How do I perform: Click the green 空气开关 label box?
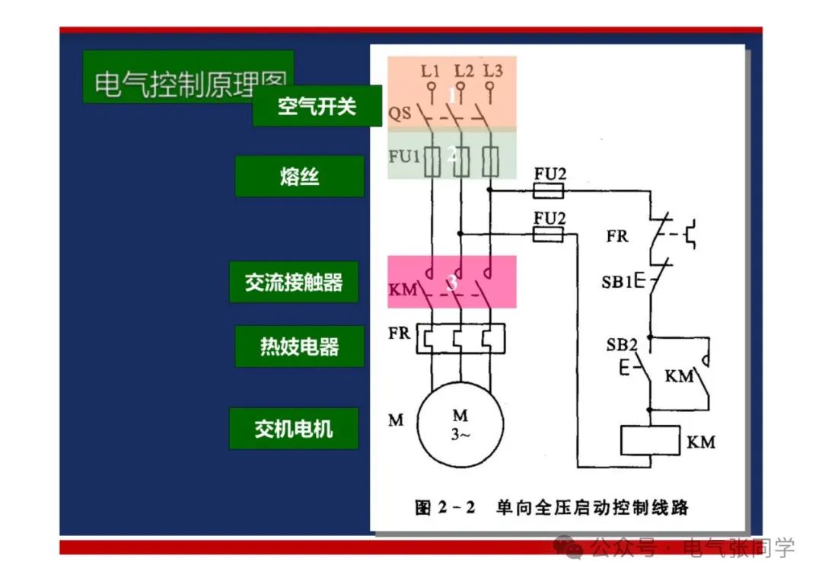317,106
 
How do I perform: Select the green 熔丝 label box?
299,177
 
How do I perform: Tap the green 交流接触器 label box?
294,283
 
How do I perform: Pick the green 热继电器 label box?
299,347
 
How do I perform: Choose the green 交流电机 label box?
294,428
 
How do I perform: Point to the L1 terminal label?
431,71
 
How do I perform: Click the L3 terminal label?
492,71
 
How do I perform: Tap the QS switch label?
400,113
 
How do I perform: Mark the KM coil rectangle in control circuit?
649,441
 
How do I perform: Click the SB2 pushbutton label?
621,344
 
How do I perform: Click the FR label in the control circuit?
617,236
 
